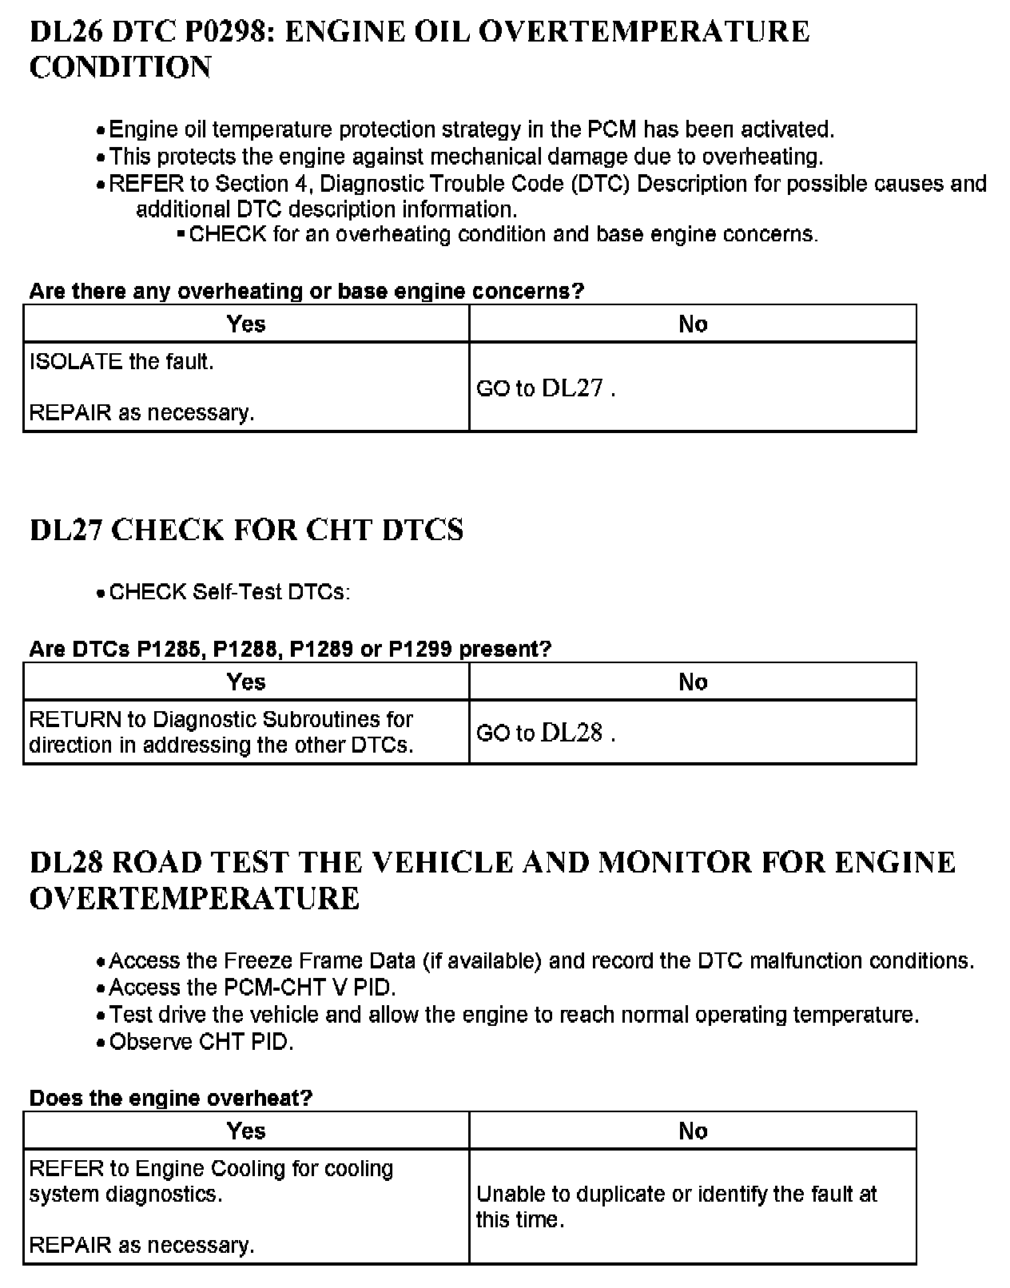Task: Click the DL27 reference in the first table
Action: (572, 388)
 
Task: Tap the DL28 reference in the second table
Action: (572, 733)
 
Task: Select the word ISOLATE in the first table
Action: (76, 362)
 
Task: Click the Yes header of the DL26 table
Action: (246, 324)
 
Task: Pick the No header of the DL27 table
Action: (693, 682)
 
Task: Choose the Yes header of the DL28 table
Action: (246, 1131)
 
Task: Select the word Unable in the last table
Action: (507, 1195)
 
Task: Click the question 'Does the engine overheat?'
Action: (170, 1098)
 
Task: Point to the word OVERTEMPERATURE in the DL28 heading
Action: (195, 899)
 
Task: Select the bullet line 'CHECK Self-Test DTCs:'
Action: (229, 592)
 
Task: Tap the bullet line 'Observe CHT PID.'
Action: (201, 1042)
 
